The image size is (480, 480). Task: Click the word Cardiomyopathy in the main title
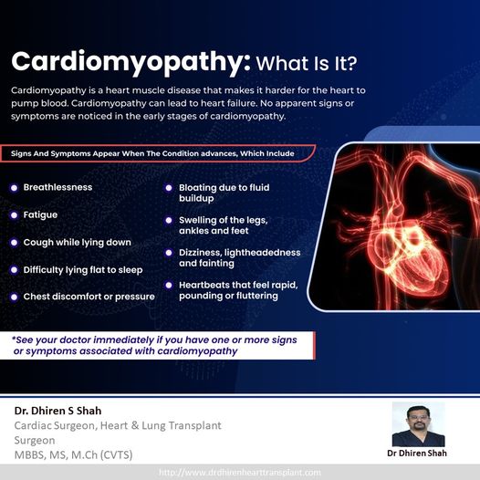(130, 63)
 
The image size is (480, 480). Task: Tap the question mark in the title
(351, 63)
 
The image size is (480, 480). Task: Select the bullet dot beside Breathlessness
(14, 188)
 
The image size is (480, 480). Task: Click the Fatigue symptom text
(40, 214)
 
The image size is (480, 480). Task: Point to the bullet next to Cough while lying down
(14, 243)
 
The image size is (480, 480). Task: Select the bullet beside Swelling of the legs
(169, 221)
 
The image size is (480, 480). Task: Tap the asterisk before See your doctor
(14, 339)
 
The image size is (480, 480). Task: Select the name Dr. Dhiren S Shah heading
(57, 411)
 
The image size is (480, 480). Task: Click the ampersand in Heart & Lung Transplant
(135, 425)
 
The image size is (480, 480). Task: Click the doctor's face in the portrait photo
(418, 419)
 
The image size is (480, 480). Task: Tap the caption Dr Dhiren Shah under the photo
(417, 453)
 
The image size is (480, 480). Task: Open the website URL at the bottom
(240, 473)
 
